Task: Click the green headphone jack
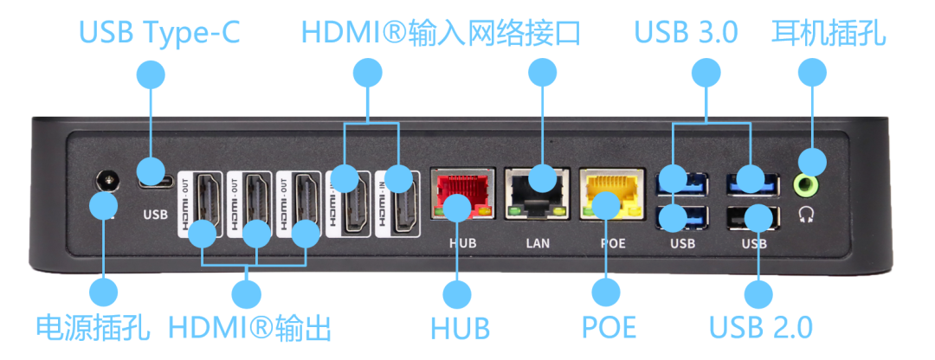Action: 809,184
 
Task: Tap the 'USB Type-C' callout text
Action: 158,33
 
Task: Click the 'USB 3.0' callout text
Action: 686,33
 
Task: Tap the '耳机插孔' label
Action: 828,33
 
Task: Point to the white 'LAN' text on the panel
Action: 538,243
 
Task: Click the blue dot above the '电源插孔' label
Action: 104,292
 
